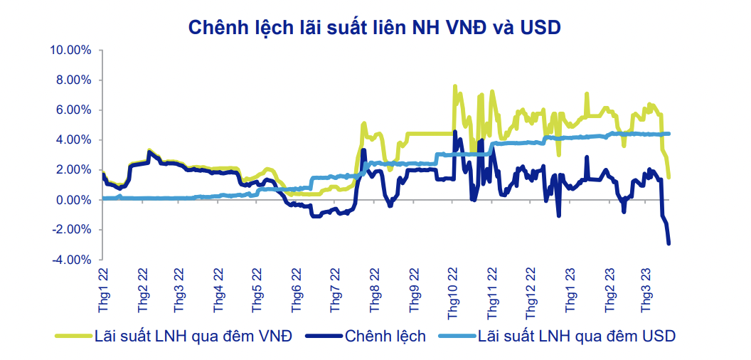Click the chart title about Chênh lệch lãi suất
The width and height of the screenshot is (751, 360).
[x=375, y=27]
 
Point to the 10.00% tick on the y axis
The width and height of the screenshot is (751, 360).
[x=70, y=51]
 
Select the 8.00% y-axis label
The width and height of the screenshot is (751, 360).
[x=73, y=80]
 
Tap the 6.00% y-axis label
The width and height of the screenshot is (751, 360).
[x=73, y=110]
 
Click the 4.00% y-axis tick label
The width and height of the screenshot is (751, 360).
[x=73, y=140]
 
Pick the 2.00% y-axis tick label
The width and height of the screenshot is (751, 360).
[x=73, y=170]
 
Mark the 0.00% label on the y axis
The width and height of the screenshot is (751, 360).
[x=73, y=200]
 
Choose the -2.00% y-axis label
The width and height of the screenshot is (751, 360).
[x=71, y=230]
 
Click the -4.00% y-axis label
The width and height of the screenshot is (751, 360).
[x=71, y=260]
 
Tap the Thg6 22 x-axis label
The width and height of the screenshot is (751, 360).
[x=298, y=291]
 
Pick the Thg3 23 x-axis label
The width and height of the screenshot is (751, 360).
[x=647, y=291]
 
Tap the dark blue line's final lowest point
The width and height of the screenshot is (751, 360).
[x=669, y=244]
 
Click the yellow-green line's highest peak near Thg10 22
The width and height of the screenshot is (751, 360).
[x=454, y=87]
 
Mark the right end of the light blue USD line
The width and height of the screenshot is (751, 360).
[x=669, y=134]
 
